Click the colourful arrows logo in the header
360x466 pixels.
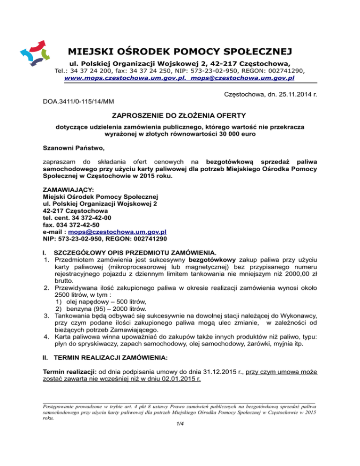pos(34,53)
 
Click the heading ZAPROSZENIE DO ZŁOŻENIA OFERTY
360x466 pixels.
pos(180,115)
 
